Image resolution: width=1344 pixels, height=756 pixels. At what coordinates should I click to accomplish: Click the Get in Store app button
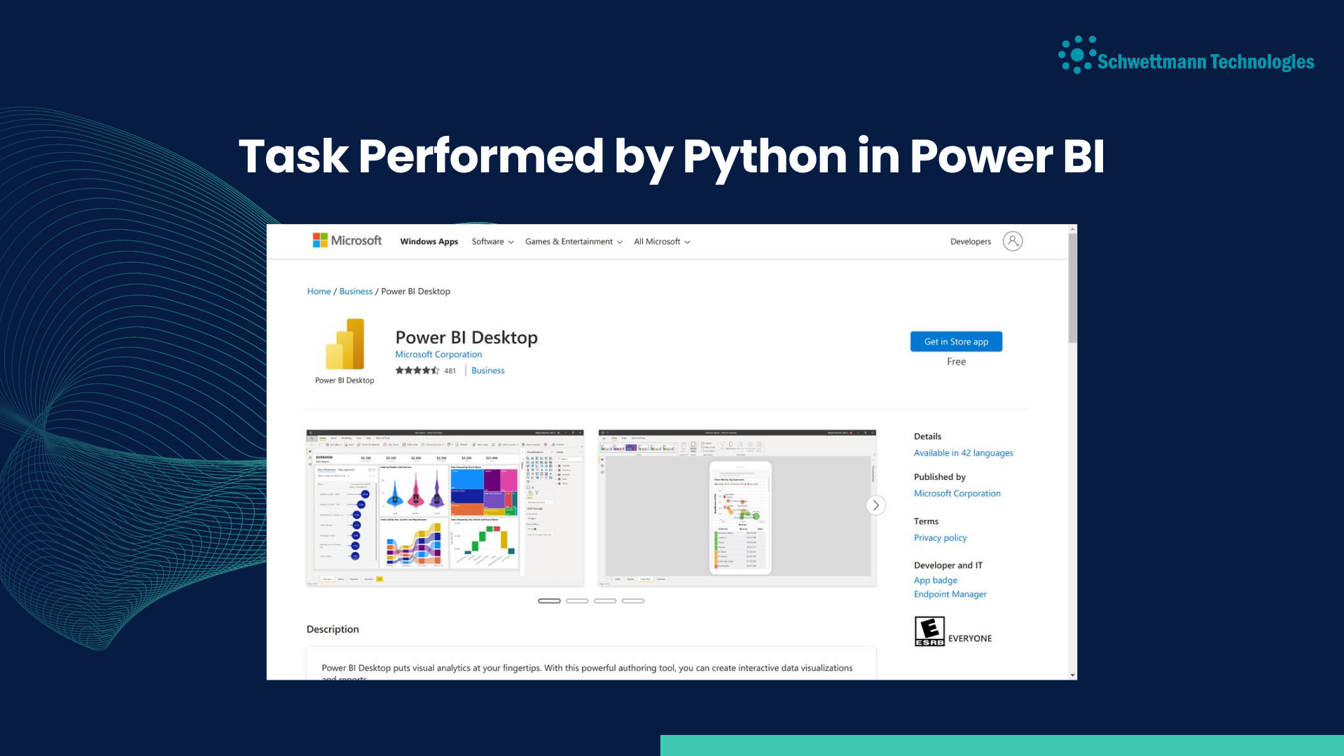coord(955,341)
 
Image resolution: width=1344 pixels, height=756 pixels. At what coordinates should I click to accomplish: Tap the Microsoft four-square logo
coord(320,240)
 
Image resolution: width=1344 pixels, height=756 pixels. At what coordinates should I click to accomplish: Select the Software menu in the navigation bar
coord(492,242)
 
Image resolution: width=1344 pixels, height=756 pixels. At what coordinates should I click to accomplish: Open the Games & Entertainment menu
coord(573,242)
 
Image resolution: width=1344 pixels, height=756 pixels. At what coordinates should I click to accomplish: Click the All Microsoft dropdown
coord(661,242)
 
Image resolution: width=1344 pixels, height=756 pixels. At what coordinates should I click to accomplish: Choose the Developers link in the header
coord(970,242)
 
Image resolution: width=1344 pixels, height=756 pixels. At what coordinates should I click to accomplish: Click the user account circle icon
coord(1012,241)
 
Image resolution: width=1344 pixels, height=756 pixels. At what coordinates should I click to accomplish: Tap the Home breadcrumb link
coord(319,291)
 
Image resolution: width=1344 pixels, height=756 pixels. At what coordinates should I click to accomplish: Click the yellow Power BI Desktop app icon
coord(345,344)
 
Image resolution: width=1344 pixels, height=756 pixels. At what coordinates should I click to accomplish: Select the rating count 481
coord(450,371)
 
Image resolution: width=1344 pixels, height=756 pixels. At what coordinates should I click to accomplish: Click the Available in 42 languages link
coord(963,453)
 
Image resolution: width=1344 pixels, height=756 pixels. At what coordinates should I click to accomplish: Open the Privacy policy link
coord(940,538)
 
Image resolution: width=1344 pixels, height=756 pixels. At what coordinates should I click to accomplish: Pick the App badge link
coord(935,580)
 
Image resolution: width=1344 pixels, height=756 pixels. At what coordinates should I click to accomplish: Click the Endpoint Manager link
coord(950,594)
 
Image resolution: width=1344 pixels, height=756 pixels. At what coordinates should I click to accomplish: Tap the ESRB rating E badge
coord(929,631)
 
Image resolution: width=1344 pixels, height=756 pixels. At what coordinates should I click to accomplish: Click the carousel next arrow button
coord(875,505)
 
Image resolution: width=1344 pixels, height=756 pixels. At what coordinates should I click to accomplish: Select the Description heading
coord(333,629)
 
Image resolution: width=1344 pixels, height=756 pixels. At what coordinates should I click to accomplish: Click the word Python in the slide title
coord(765,157)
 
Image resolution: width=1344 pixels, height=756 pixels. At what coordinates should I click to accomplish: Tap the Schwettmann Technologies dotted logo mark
coord(1076,55)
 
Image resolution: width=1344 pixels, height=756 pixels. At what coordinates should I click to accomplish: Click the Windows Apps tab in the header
coord(429,242)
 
